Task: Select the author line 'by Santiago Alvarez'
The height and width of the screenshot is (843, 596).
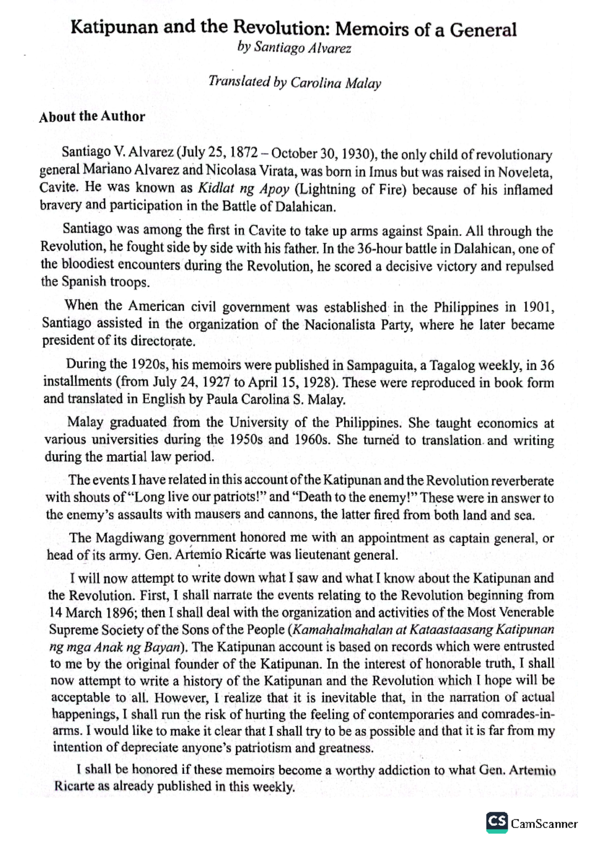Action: (295, 48)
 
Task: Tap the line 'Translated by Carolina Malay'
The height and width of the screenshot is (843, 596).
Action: (295, 82)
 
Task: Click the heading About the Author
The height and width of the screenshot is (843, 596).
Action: (92, 117)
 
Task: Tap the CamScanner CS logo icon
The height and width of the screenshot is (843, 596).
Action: (497, 822)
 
